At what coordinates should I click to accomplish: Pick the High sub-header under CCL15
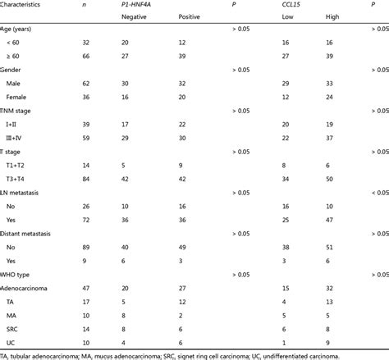coord(327,17)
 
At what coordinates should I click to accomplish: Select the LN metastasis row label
coord(28,191)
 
